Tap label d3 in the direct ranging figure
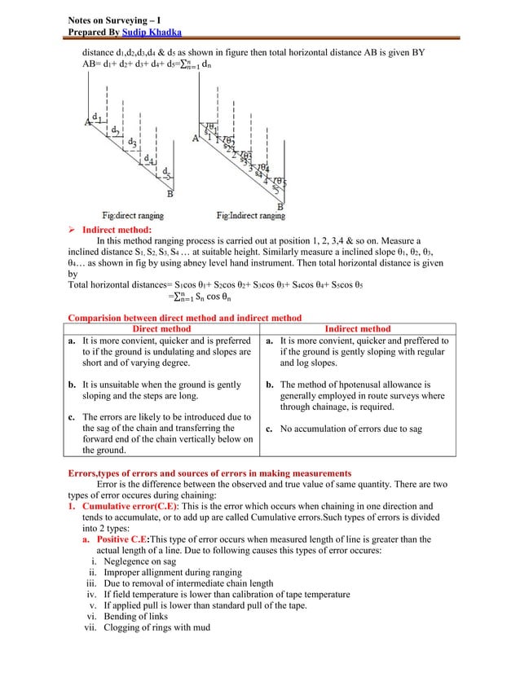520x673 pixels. click(133, 141)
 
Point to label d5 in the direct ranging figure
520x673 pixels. click(166, 172)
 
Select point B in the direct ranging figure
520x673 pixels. click(170, 194)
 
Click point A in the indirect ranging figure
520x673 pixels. click(195, 139)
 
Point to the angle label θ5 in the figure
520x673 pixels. click(278, 183)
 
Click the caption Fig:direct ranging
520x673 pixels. click(132, 216)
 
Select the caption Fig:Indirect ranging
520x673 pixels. click(251, 216)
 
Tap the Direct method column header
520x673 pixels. click(161, 328)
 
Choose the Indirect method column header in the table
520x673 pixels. click(357, 328)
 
